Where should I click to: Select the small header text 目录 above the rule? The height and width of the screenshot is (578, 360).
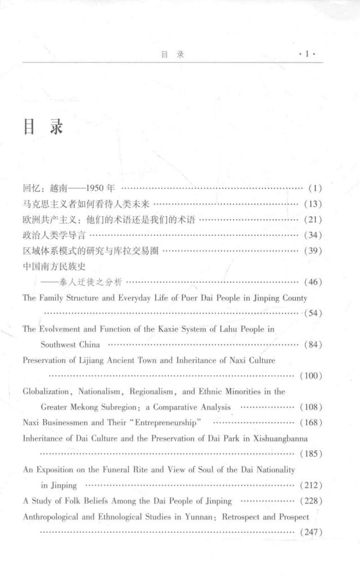(173, 55)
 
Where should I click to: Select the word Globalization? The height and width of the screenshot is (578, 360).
(46, 391)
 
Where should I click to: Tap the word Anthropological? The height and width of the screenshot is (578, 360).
(54, 516)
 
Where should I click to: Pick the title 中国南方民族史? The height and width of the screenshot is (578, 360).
(54, 265)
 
